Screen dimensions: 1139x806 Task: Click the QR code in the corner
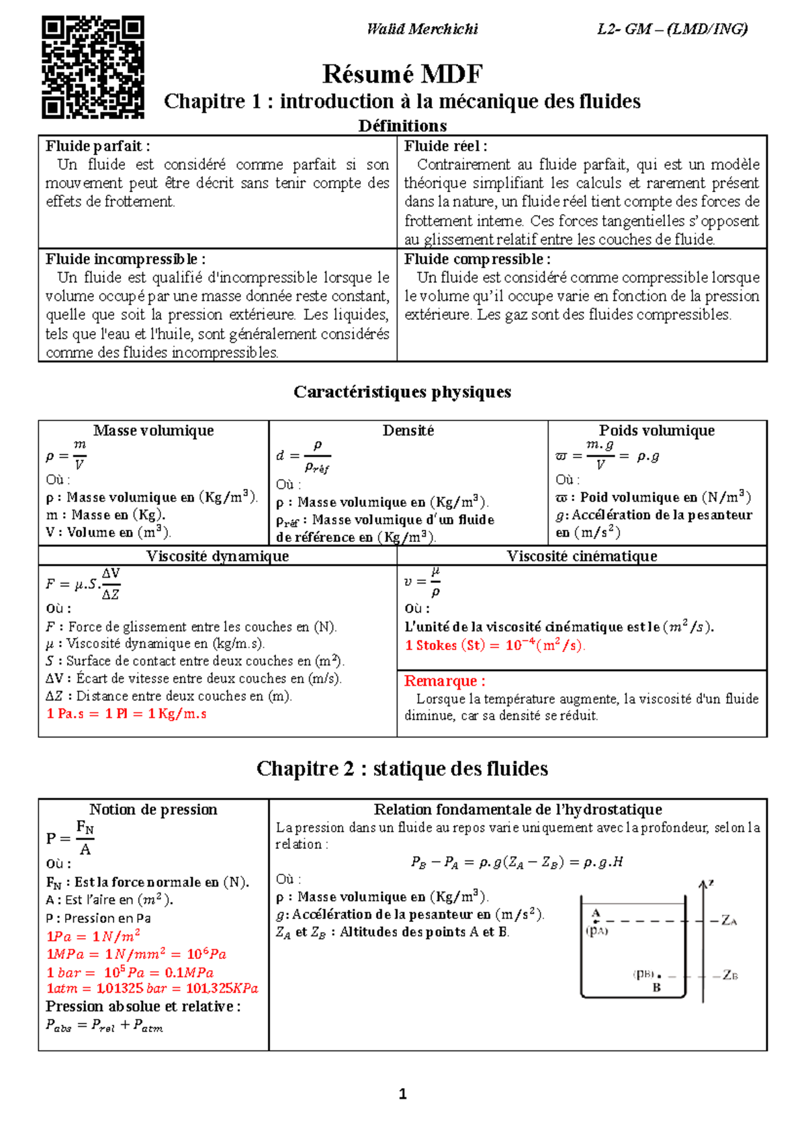point(93,67)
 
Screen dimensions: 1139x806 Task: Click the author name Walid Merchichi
point(422,29)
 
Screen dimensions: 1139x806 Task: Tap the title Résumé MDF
point(402,74)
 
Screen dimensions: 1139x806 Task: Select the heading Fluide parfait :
point(97,146)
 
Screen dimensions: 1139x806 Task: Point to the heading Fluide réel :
point(445,146)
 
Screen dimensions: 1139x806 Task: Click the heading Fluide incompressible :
point(126,259)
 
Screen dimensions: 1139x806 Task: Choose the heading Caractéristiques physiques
point(402,392)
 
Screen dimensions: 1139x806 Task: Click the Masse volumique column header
point(153,430)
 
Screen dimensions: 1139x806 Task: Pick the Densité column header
point(408,430)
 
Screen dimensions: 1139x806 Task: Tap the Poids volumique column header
point(656,430)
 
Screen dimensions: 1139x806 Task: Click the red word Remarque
point(444,681)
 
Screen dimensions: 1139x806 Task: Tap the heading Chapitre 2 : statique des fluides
point(402,768)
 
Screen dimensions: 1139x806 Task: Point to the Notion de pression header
point(153,809)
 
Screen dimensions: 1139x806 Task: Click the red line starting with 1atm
point(152,989)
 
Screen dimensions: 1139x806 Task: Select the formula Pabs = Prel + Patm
point(104,1025)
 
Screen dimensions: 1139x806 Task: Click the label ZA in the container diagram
point(729,921)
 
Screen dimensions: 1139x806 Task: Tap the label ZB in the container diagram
point(729,976)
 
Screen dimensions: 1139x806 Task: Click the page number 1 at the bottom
point(402,1094)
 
